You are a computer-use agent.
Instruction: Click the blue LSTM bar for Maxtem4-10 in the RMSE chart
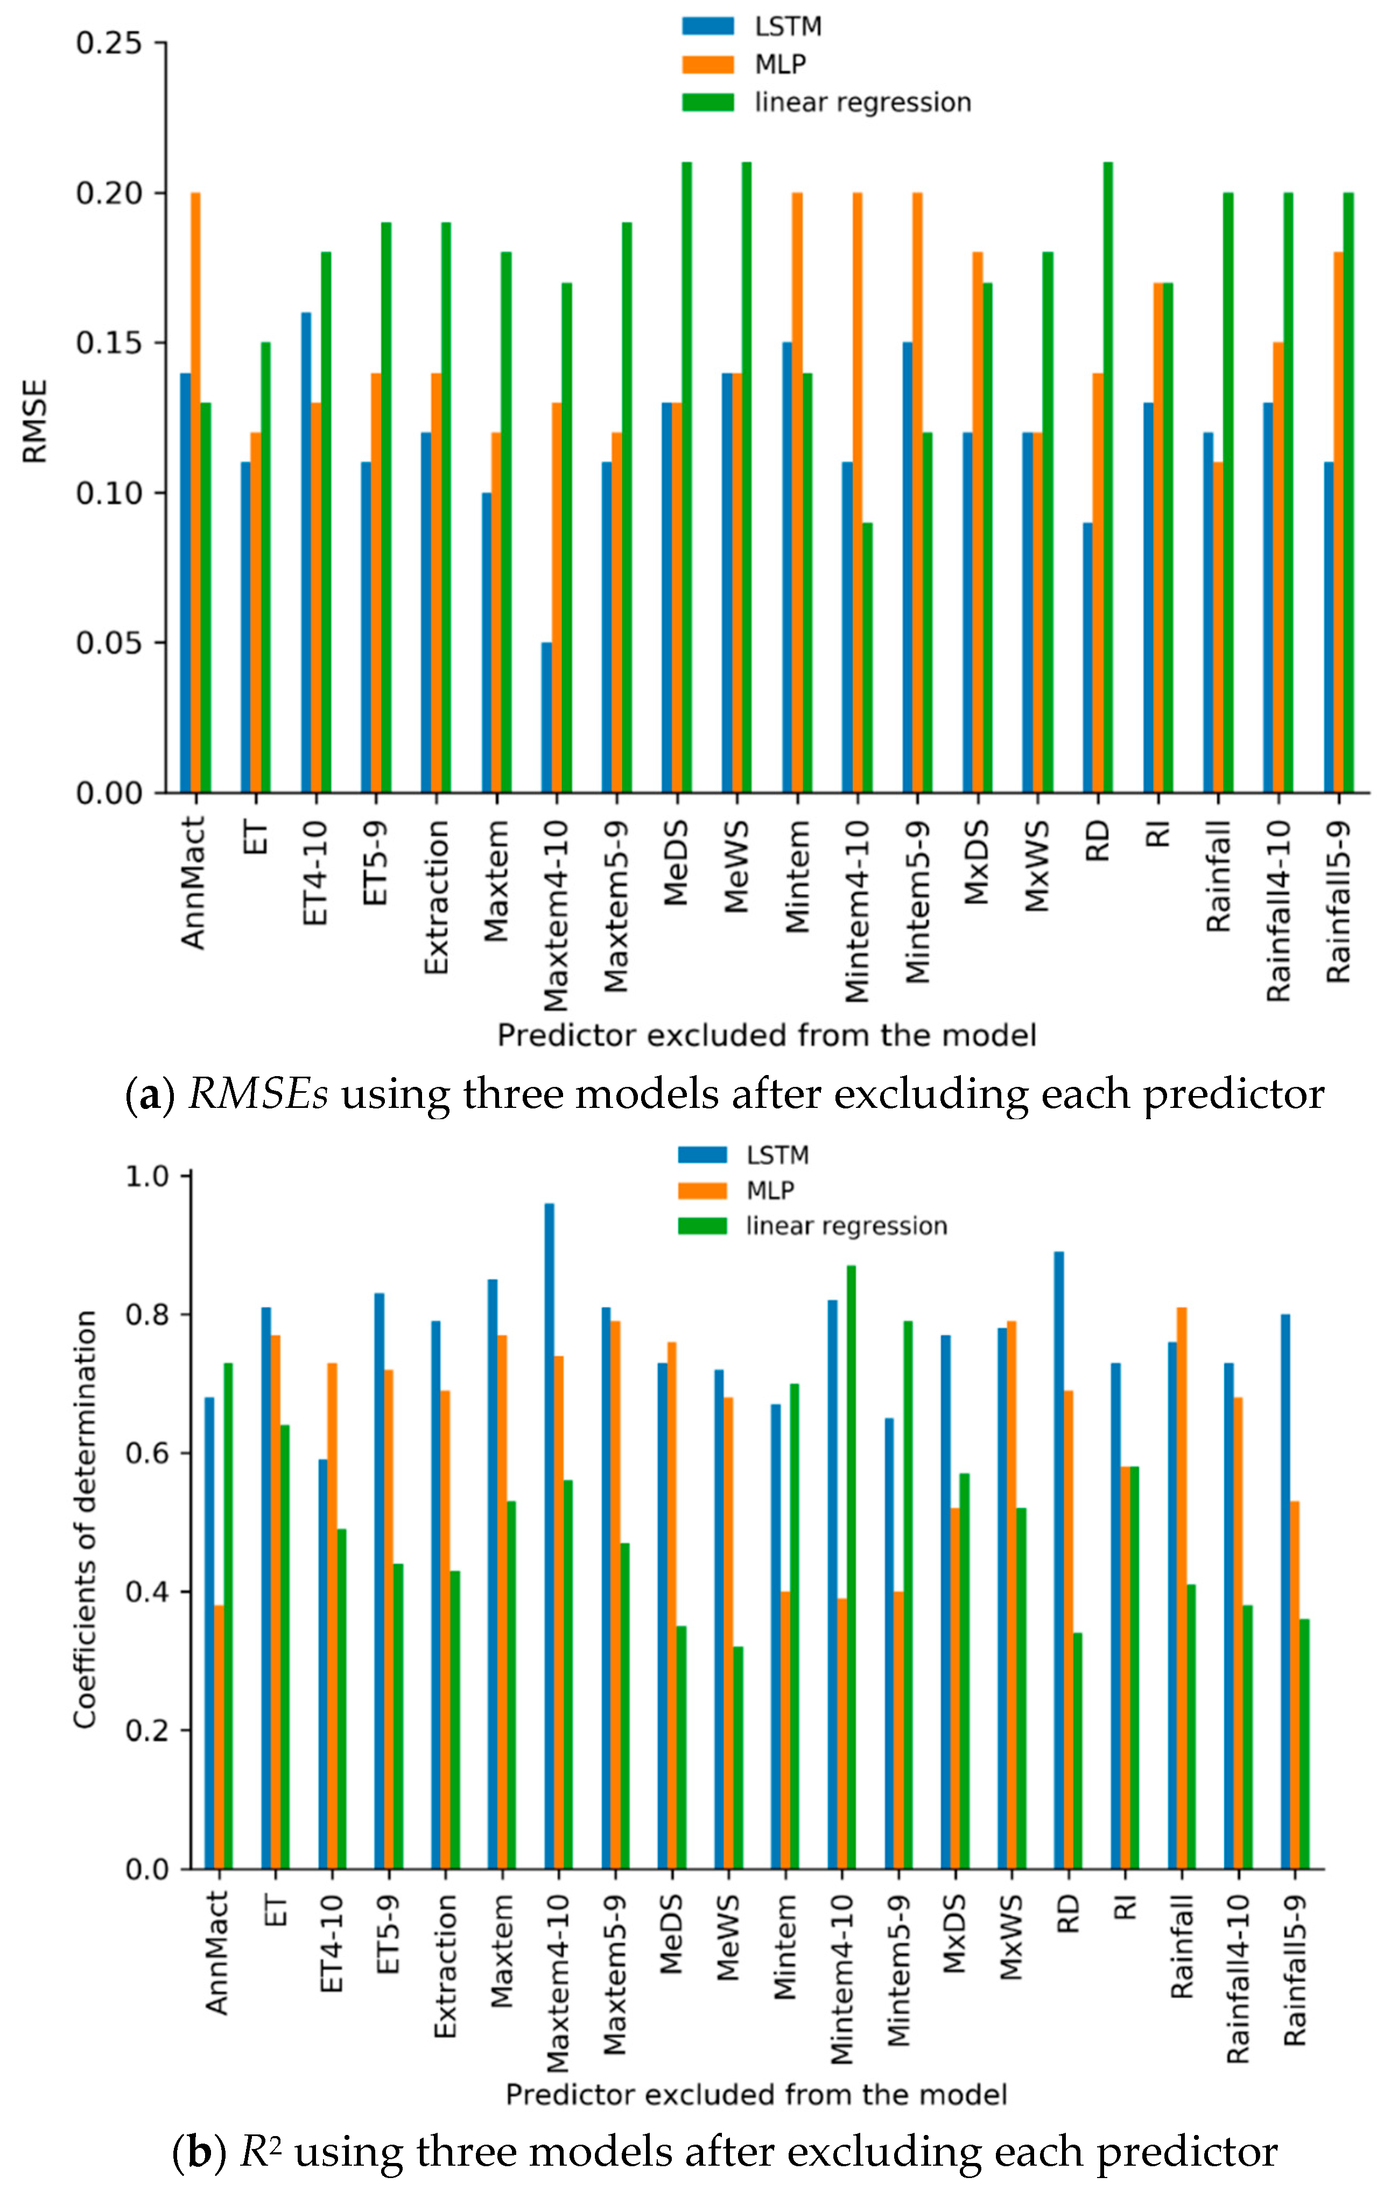click(546, 717)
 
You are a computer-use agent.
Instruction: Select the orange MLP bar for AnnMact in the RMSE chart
click(195, 493)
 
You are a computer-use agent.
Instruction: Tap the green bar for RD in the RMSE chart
click(1108, 477)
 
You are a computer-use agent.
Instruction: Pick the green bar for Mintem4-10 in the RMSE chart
click(867, 657)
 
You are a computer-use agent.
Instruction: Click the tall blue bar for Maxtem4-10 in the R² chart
click(549, 1536)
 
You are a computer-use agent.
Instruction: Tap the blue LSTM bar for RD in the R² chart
click(1058, 1561)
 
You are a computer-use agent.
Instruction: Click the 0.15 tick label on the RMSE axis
click(109, 344)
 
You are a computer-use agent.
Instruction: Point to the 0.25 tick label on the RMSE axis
click(109, 44)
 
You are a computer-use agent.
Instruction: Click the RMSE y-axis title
click(34, 422)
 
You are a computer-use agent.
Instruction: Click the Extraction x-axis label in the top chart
click(437, 896)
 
